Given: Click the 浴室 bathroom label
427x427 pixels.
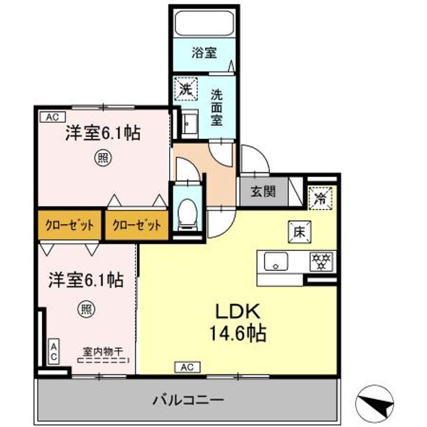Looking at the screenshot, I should [x=204, y=53].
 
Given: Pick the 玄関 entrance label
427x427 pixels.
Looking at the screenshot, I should [x=258, y=192].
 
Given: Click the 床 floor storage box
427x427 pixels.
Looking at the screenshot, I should [x=297, y=232].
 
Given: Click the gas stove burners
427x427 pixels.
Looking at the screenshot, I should [x=321, y=260].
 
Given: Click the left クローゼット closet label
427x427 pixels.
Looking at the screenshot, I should [x=69, y=225].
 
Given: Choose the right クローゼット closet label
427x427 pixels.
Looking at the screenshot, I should [x=136, y=225].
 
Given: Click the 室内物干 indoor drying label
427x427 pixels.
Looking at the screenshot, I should [x=103, y=350].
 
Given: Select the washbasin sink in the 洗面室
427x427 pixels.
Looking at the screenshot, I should [x=191, y=123].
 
